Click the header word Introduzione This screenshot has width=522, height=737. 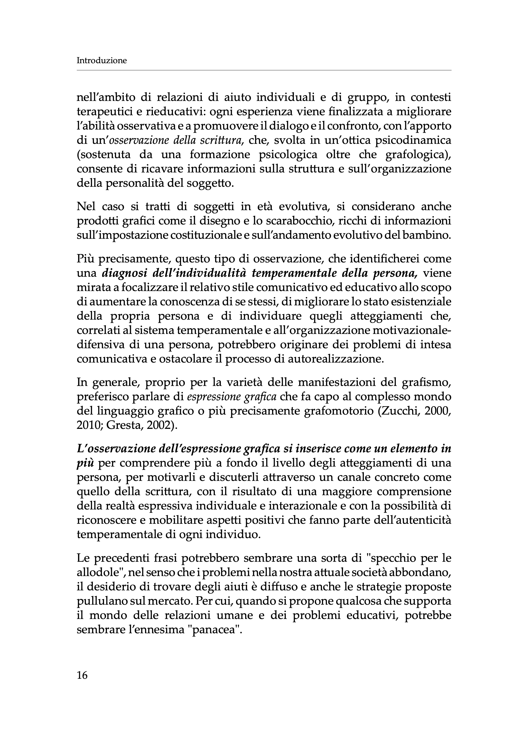[102, 60]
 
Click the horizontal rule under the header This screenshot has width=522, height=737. [263, 70]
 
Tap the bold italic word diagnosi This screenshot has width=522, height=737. [125, 273]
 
